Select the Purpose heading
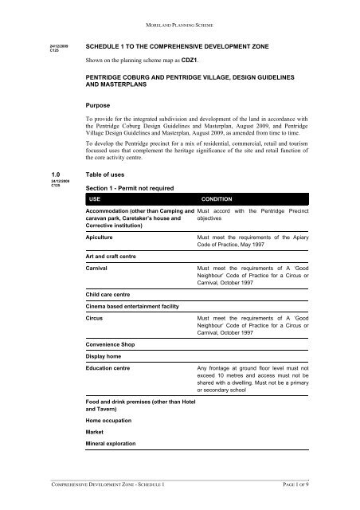101,104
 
